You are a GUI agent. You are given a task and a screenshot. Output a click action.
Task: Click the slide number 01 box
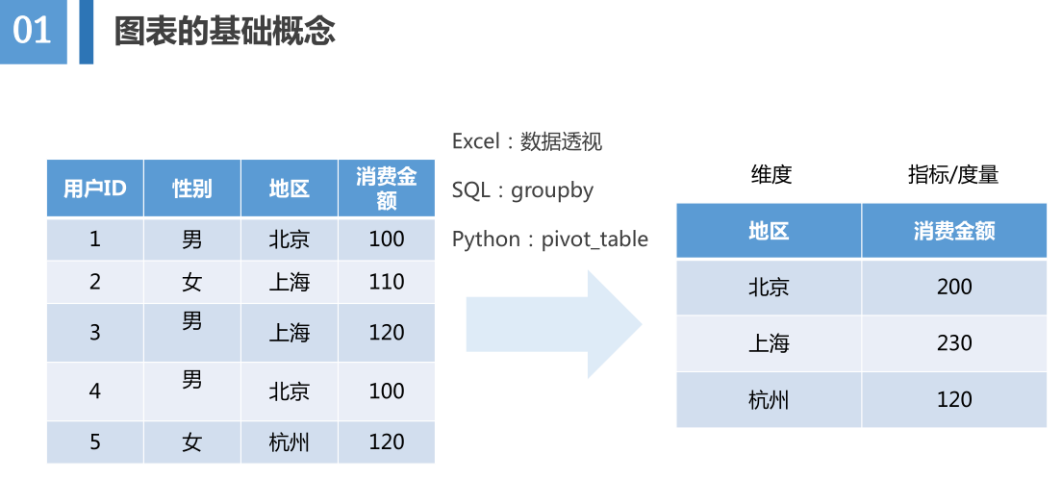33,32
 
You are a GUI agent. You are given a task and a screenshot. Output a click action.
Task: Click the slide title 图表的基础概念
224,31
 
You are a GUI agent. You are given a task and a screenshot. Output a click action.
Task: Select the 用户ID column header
95,189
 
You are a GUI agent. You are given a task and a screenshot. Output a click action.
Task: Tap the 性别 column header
192,189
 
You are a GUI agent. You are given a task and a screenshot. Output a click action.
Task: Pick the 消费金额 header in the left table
387,189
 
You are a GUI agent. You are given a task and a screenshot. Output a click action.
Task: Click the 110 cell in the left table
387,282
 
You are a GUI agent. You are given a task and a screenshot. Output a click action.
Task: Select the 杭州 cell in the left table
290,442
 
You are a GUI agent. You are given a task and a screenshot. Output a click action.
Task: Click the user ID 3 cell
95,333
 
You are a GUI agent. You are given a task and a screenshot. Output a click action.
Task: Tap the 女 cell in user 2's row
192,282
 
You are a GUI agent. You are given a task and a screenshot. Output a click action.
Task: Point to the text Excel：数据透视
527,141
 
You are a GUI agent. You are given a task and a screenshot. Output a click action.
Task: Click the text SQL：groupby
522,190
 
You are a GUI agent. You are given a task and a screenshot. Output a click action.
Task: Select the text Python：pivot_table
550,239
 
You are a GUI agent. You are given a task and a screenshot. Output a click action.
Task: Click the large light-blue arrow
553,324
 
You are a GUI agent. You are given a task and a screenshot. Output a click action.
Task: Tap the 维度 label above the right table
771,175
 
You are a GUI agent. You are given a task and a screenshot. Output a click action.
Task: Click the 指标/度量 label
953,175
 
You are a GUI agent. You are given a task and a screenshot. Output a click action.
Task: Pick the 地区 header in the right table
769,231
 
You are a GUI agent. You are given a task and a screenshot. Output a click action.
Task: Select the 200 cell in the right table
954,287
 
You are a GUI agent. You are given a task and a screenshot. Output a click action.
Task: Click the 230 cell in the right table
954,343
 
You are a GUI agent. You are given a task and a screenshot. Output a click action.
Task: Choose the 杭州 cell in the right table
769,400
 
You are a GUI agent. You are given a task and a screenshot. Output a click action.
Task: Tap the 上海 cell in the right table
769,343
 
